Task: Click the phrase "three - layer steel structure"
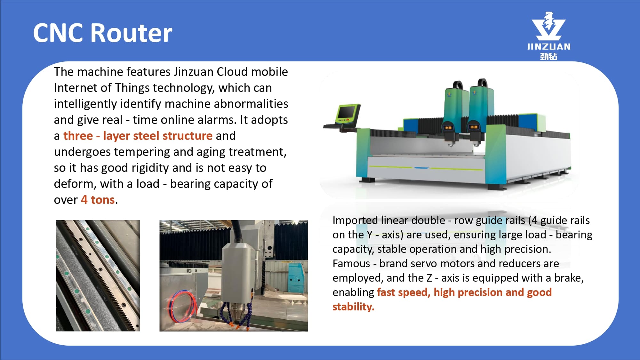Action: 138,136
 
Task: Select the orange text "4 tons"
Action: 98,200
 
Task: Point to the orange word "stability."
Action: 353,307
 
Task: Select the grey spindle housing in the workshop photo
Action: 238,274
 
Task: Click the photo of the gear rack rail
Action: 98,276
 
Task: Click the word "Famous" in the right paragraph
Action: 351,263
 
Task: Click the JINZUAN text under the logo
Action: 549,47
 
